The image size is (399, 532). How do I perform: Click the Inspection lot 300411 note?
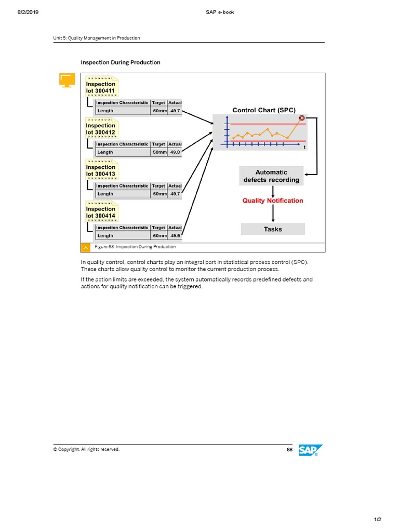point(101,87)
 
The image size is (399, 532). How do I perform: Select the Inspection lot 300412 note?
point(101,128)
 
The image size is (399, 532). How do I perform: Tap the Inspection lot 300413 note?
point(101,170)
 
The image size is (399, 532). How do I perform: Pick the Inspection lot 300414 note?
point(101,211)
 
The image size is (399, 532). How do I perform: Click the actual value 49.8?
point(175,152)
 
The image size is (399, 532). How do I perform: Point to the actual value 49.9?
point(175,236)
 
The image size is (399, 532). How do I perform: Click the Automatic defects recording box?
point(271,176)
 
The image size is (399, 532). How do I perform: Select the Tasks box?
point(273,229)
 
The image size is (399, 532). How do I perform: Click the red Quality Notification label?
point(273,201)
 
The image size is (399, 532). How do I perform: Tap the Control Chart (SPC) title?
point(264,110)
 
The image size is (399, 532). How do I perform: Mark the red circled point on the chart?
point(301,117)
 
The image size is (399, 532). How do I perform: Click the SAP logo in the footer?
point(311,451)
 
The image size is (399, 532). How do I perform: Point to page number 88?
point(289,449)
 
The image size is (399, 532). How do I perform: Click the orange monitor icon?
point(66,80)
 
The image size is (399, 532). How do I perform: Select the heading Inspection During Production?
point(121,62)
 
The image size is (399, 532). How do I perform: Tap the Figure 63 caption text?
point(138,247)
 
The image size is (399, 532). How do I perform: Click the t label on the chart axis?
point(304,148)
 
